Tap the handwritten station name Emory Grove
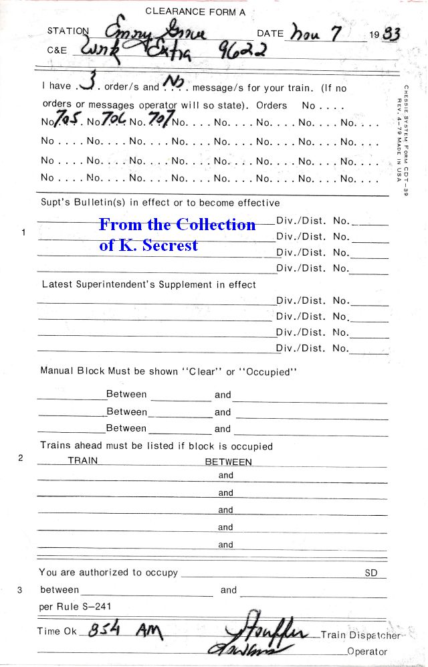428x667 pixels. pos(155,31)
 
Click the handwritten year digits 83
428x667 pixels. pos(391,34)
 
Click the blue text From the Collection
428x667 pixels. pos(177,224)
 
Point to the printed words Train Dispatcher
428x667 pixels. pos(360,635)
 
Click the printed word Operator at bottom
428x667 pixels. pos(367,651)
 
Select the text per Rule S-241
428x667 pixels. pos(76,607)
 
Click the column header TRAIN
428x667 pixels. pos(83,461)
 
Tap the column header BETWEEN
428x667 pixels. pos(228,462)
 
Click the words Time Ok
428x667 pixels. pos(58,631)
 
